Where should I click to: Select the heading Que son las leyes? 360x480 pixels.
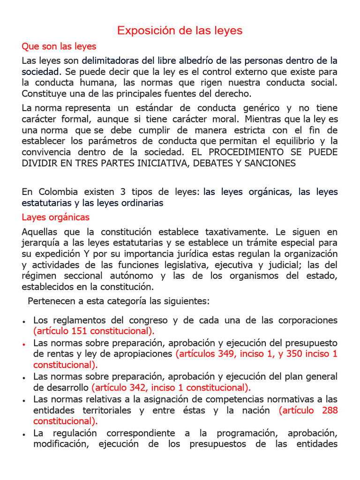pos(59,46)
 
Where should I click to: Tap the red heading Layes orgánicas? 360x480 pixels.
pos(55,217)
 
